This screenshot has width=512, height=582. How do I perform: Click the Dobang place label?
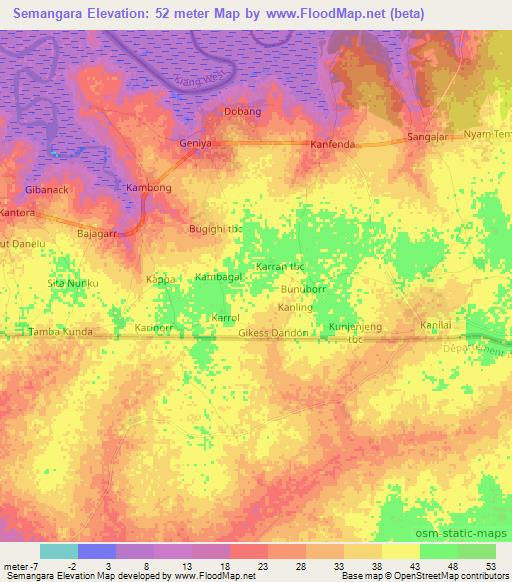(x=242, y=111)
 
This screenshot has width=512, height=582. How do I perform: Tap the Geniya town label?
(x=196, y=143)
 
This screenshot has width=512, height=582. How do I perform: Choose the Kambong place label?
(x=149, y=187)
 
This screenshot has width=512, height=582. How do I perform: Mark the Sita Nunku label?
(x=74, y=284)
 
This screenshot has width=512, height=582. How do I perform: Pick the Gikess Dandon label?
(x=276, y=330)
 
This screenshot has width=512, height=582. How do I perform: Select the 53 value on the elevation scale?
(x=491, y=566)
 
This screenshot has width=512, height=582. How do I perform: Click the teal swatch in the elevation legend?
(x=58, y=550)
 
